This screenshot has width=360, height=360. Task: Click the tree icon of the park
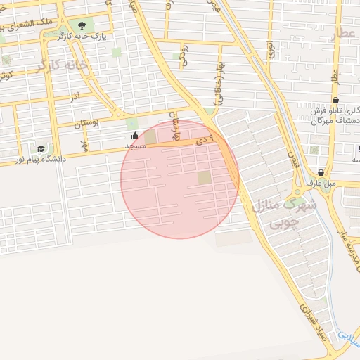click(x=82, y=26)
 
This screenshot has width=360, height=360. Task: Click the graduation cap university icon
click(x=41, y=149)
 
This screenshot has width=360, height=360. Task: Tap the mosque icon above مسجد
click(x=135, y=136)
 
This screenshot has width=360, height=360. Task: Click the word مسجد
click(x=135, y=146)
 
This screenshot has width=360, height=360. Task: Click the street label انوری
click(x=270, y=49)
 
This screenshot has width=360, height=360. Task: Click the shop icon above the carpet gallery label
click(x=337, y=101)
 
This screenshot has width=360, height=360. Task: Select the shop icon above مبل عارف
click(x=321, y=172)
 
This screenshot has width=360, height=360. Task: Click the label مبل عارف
click(x=321, y=182)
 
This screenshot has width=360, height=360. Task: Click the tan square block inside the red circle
click(x=204, y=177)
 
